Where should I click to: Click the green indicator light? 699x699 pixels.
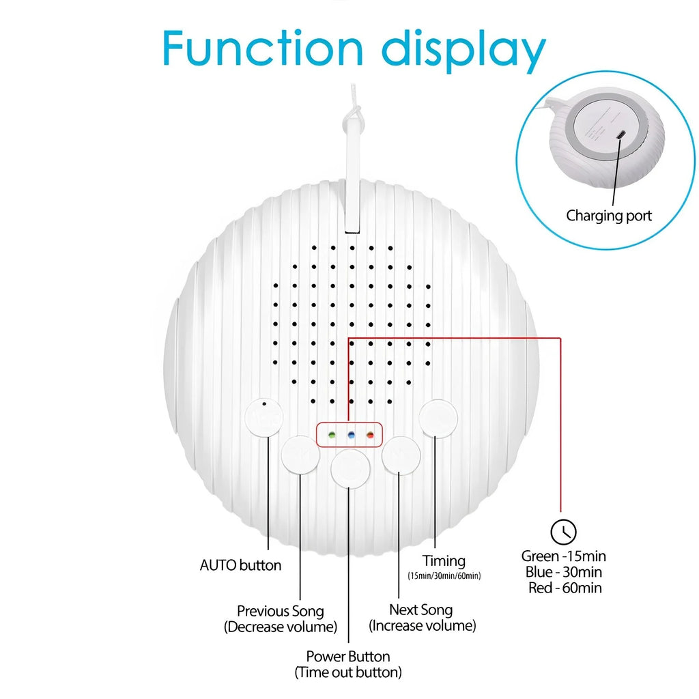point(332,435)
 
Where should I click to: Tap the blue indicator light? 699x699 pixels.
point(352,435)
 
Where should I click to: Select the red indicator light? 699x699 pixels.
point(370,435)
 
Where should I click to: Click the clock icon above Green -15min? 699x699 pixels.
point(563,532)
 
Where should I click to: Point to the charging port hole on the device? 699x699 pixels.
point(621,134)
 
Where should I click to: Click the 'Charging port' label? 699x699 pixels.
point(609,216)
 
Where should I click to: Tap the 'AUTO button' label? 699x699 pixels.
point(241,565)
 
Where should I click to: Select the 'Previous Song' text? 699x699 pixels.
point(281,611)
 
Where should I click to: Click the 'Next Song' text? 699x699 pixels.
point(420,610)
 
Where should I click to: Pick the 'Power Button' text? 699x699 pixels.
point(348,656)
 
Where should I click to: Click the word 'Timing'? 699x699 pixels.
point(444,561)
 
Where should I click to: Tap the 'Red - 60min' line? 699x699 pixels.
point(565,588)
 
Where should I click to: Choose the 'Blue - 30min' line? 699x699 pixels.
point(564,572)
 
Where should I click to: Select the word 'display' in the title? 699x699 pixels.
point(464,50)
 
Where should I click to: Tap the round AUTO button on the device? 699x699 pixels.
point(264,417)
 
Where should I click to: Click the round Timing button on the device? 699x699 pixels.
point(438,418)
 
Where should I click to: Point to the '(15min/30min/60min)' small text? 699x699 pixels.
point(444,575)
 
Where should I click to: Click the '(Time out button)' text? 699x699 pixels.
point(348,672)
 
